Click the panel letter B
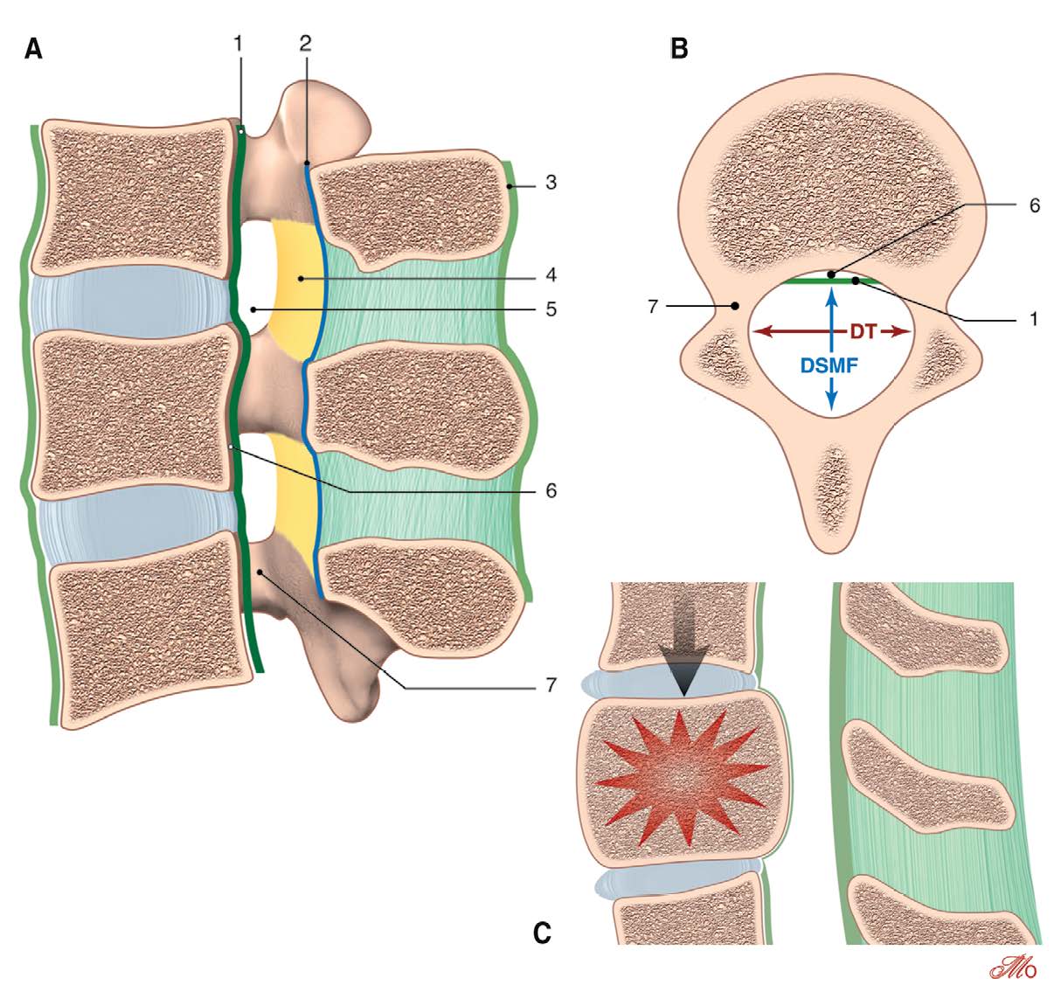pyautogui.click(x=679, y=50)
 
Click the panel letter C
pyautogui.click(x=542, y=933)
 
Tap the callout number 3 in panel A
pyautogui.click(x=551, y=184)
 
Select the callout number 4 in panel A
pyautogui.click(x=551, y=275)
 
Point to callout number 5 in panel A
pyautogui.click(x=551, y=309)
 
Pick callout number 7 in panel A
pyautogui.click(x=551, y=685)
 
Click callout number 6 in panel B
pyautogui.click(x=1034, y=206)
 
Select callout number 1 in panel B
pyautogui.click(x=1034, y=320)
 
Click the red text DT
pyautogui.click(x=863, y=331)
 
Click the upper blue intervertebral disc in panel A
pyautogui.click(x=131, y=302)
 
